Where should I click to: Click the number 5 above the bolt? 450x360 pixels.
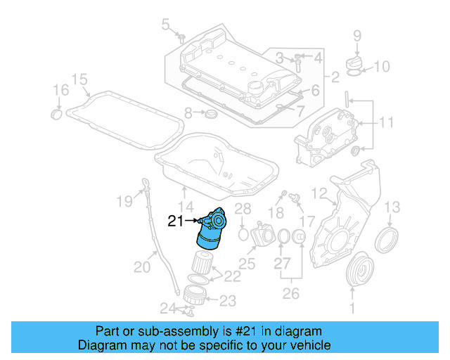(x=166, y=25)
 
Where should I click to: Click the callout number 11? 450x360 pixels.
(x=387, y=124)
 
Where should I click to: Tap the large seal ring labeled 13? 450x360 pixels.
(x=386, y=240)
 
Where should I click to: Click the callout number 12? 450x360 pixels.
(x=319, y=193)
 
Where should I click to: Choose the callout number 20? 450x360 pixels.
(x=143, y=266)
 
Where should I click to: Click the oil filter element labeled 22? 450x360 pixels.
(x=203, y=263)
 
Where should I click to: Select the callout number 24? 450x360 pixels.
(x=167, y=307)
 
